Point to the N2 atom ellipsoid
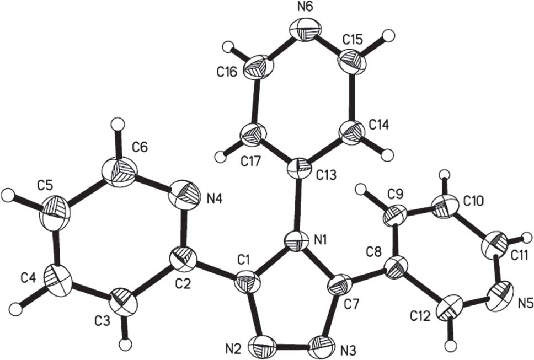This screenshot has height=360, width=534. pos(262,348)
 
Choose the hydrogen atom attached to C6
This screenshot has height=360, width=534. pos(115,122)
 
